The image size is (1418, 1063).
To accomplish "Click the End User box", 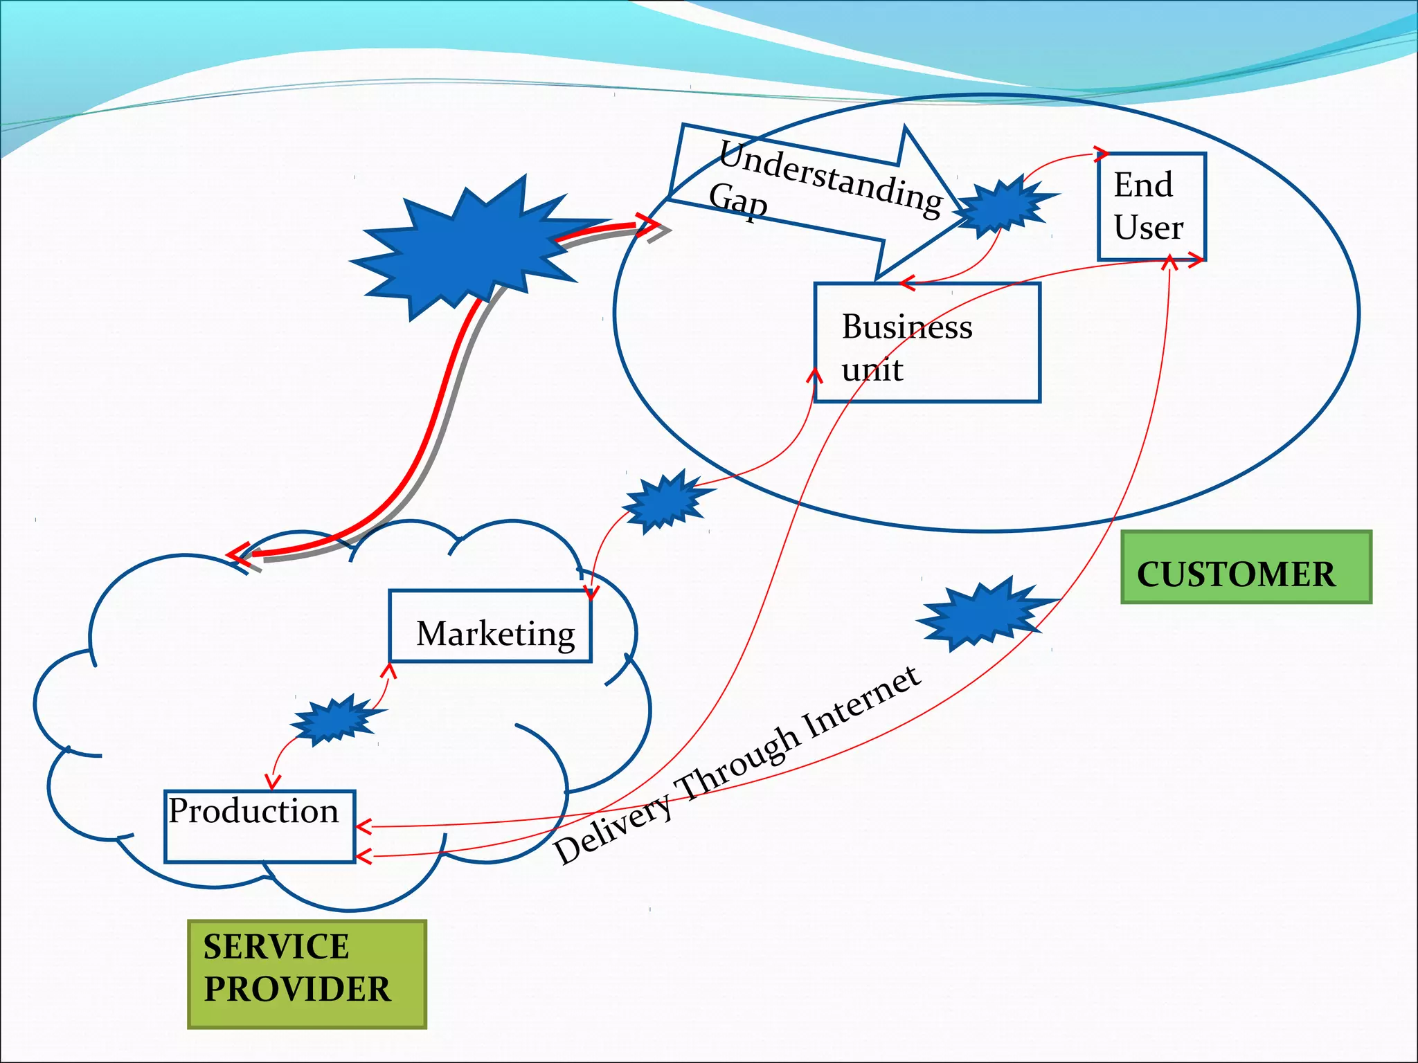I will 1151,206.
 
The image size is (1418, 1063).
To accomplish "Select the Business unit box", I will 926,342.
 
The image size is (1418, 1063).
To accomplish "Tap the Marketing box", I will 490,626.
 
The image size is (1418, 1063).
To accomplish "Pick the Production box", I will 260,826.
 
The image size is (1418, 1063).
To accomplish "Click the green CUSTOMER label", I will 1246,567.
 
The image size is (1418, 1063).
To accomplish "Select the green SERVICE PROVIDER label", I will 307,974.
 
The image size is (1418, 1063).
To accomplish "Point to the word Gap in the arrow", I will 738,200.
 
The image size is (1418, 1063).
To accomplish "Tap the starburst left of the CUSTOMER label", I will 984,612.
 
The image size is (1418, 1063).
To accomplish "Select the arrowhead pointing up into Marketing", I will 390,670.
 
